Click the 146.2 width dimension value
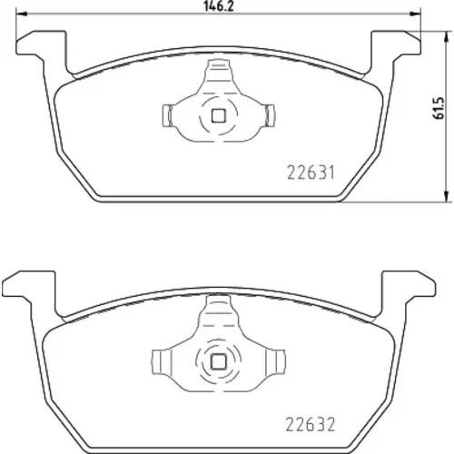point(219,5)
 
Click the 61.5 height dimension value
point(439,108)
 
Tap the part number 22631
point(311,173)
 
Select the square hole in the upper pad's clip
point(218,115)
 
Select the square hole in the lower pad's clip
point(218,361)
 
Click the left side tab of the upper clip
point(168,115)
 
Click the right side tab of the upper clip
point(270,115)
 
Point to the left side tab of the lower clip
point(162,361)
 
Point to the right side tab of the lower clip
point(275,361)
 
